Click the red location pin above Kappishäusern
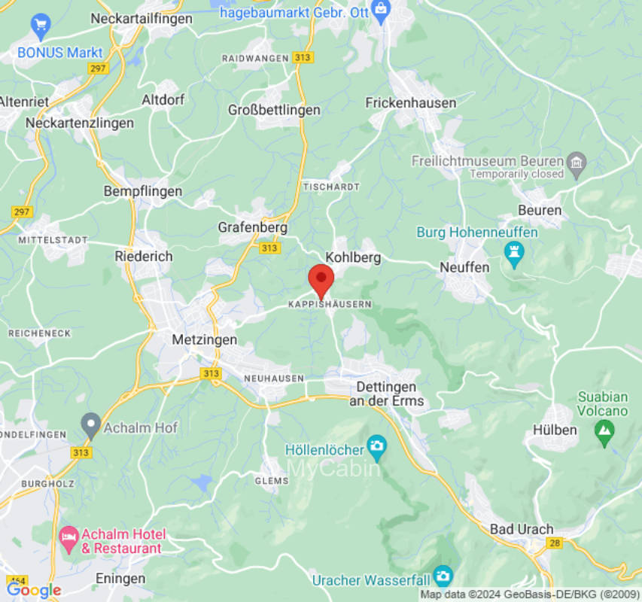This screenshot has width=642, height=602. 321,280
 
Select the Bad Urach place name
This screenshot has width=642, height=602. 521,529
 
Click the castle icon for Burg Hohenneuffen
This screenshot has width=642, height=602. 515,254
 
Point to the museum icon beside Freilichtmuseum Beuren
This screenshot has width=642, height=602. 577,161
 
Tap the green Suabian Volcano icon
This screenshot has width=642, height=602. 603,430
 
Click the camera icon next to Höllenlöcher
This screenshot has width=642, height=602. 376,449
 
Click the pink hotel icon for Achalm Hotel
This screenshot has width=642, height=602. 68,537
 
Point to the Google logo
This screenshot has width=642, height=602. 33,590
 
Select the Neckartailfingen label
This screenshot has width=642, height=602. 141,19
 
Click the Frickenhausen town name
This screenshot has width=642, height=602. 411,102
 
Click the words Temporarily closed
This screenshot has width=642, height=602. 516,174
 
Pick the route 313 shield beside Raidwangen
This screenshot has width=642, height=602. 304,58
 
